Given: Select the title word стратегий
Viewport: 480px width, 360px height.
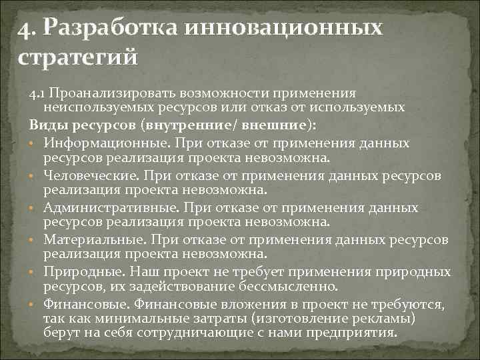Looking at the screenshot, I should (77, 57).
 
